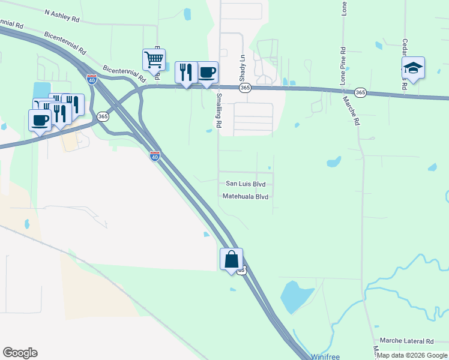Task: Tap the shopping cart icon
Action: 154,60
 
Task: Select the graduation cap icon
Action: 413,68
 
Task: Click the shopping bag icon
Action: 231,260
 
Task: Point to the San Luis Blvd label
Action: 246,184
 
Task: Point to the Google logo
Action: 20,353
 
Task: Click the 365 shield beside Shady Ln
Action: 245,88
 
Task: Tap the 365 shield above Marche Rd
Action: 360,92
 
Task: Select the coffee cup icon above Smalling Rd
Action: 207,73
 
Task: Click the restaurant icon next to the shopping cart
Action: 186,72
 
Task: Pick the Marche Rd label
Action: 351,111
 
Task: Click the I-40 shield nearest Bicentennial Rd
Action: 91,79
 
